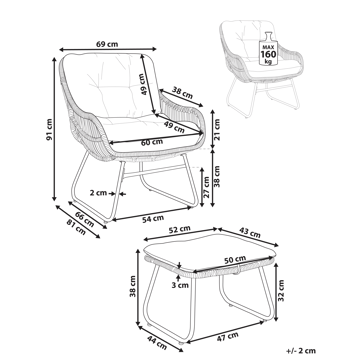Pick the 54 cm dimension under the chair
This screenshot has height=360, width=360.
(x=148, y=217)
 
